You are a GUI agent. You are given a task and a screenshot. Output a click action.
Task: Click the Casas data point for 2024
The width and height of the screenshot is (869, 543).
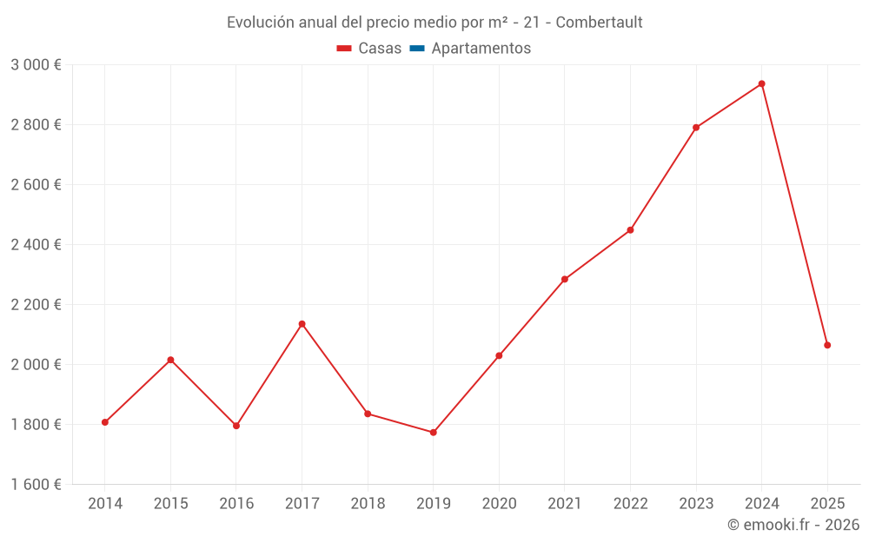[x=761, y=83]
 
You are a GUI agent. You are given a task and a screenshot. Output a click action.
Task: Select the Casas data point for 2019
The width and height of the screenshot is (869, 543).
[x=434, y=432]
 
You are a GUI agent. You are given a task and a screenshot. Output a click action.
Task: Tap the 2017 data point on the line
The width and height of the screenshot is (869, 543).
[x=302, y=324]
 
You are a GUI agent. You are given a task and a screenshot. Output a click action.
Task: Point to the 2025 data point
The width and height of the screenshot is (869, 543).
[x=827, y=345]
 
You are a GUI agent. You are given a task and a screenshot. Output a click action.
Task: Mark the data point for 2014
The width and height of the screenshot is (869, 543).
[x=105, y=422]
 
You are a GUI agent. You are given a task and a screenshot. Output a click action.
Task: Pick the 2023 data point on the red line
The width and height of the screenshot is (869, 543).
[x=696, y=128]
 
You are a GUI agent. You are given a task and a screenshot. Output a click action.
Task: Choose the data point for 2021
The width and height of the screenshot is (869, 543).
[x=565, y=279]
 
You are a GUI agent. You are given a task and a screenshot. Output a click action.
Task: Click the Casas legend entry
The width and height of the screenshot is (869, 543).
[x=369, y=49]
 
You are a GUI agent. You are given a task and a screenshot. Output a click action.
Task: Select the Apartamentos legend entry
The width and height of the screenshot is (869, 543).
[x=470, y=49]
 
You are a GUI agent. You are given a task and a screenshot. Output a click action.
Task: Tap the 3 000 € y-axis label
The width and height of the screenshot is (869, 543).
[x=36, y=65]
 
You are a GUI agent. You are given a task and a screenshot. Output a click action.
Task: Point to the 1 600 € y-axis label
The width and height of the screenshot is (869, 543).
[x=36, y=485]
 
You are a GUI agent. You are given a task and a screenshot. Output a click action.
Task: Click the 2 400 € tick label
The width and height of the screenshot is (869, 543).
[x=36, y=245]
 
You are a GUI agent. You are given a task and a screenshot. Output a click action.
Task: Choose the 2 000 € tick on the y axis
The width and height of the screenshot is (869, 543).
[x=36, y=365]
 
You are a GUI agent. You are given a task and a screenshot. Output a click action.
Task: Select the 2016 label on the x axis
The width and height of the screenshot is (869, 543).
[x=236, y=504]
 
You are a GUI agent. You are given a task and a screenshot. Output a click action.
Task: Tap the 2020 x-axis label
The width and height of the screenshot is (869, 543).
[x=499, y=504]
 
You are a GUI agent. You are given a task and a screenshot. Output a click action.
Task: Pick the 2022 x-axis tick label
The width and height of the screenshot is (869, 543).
[x=630, y=504]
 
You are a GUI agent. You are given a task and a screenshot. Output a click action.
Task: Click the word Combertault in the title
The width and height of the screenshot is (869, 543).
[x=599, y=23]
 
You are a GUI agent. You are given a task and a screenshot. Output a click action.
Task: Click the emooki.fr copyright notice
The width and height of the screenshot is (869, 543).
[x=793, y=525]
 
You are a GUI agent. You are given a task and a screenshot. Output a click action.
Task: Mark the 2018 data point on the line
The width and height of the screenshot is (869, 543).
[x=368, y=414]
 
